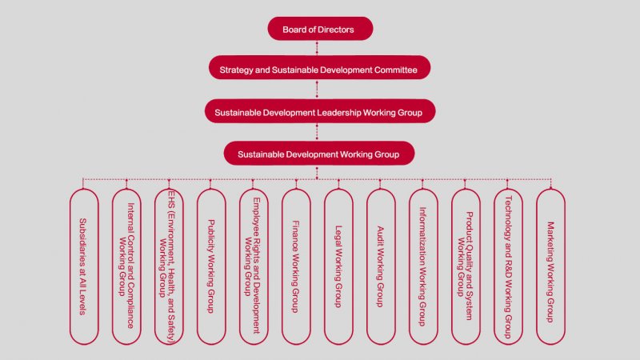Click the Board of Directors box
[x=319, y=30]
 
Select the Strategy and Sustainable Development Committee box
[x=319, y=70]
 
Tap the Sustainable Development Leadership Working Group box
[x=319, y=111]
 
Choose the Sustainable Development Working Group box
[x=319, y=152]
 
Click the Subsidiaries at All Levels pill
[x=84, y=266]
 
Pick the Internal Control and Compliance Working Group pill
[x=126, y=266]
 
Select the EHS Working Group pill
[x=169, y=266]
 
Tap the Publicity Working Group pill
[x=211, y=266]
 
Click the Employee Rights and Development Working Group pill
[x=254, y=266]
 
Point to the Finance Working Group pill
[x=296, y=266]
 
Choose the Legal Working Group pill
[x=338, y=266]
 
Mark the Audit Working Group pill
[x=381, y=266]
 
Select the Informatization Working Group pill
[x=423, y=266]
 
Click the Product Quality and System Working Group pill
[x=466, y=266]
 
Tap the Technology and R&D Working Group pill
[x=508, y=266]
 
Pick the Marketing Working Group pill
[x=550, y=266]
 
